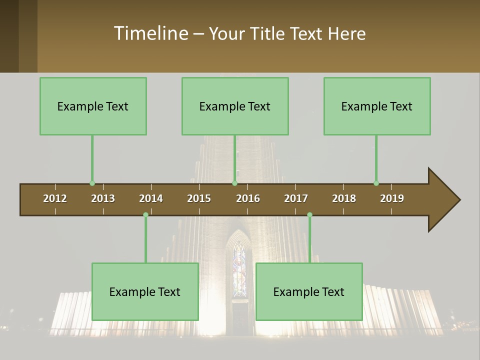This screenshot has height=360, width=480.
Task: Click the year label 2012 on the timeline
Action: (x=55, y=198)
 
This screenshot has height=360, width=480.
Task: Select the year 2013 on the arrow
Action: (x=103, y=198)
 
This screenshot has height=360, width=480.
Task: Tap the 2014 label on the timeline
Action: (x=151, y=198)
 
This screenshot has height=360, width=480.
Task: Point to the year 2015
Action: (x=199, y=198)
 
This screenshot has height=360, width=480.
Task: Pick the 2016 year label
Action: (x=248, y=198)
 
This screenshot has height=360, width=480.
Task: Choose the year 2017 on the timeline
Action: (x=296, y=198)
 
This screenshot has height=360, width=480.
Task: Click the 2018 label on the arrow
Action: (x=344, y=198)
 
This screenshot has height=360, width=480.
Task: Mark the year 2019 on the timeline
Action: (x=392, y=198)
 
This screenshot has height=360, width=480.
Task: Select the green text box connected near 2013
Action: (x=93, y=106)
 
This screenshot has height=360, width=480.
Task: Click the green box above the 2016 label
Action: (x=235, y=106)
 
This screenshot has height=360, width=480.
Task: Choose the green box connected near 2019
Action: (x=377, y=106)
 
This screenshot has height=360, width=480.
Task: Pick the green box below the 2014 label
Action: (x=145, y=291)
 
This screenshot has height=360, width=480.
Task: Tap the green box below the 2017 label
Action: (x=309, y=291)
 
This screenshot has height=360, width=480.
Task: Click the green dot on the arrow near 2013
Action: (x=92, y=183)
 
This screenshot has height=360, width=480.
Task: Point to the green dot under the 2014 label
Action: (x=145, y=215)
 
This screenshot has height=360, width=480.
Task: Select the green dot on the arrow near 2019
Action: (x=376, y=183)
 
